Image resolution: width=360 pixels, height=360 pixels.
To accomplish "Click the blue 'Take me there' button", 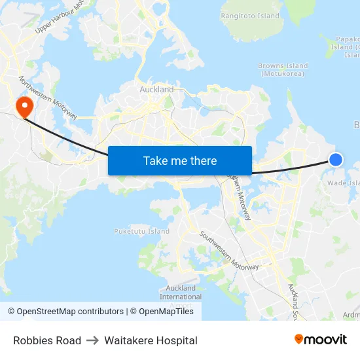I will tap(180, 160).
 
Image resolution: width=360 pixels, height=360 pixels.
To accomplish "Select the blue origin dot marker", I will tap(335, 159).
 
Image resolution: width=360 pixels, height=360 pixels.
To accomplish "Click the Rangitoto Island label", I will tap(250, 16).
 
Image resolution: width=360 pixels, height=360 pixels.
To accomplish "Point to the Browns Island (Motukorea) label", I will tap(283, 69).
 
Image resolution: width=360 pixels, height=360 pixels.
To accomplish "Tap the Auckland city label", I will tap(156, 89).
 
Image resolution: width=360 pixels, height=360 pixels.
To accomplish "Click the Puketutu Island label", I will tap(142, 231).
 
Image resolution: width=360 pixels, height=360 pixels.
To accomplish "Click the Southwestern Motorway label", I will tap(229, 251).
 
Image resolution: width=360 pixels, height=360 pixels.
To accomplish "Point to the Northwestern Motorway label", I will tap(48, 99).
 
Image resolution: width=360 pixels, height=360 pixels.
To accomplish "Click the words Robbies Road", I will tap(47, 340).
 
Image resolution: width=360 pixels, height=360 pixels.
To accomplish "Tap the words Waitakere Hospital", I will tap(150, 340).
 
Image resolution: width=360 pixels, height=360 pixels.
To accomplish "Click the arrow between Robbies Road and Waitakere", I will tap(91, 340).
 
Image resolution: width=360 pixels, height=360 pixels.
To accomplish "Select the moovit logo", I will tap(320, 339).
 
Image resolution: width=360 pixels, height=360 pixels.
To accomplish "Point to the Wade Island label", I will tap(344, 183).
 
